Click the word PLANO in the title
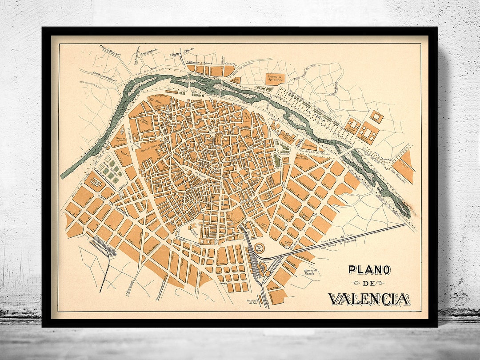click(369, 270)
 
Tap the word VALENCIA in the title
click(369, 299)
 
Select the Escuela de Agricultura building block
click(276, 79)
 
